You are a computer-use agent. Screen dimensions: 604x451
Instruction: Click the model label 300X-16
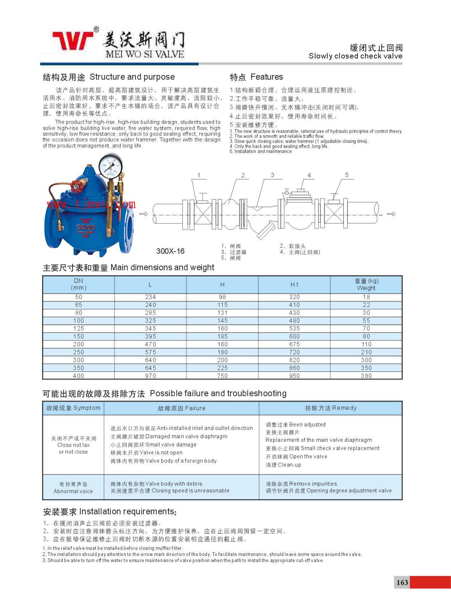click(170, 251)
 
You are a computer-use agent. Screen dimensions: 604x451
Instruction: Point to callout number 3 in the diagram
click(272, 175)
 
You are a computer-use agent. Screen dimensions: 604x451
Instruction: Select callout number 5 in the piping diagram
click(347, 175)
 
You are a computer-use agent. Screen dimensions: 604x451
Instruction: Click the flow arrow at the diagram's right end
click(391, 214)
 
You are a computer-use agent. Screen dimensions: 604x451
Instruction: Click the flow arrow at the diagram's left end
click(143, 214)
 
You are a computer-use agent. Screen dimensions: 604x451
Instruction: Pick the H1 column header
click(294, 285)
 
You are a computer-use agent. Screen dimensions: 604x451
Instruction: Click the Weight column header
click(366, 285)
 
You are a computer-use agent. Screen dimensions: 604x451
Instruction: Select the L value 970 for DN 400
click(151, 376)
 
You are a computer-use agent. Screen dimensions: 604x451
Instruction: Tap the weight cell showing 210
click(366, 352)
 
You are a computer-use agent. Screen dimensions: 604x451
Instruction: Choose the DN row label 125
click(79, 328)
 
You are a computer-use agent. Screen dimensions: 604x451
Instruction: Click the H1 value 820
click(294, 360)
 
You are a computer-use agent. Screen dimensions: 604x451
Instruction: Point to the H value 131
click(222, 313)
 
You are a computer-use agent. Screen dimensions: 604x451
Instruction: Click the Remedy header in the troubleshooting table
click(331, 408)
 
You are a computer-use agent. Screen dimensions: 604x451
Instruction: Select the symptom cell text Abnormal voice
click(73, 491)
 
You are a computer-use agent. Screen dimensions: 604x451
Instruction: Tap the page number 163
click(402, 582)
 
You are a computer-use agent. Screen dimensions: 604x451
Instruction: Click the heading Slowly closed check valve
click(355, 56)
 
